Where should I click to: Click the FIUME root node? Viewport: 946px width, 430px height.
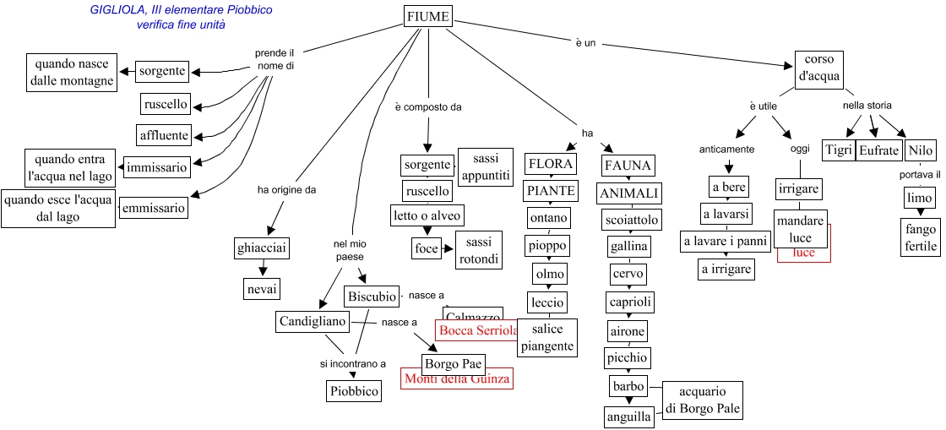click(427, 17)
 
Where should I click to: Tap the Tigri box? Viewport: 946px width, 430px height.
click(838, 150)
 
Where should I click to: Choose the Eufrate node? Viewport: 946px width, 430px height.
click(878, 150)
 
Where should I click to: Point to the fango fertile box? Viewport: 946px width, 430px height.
click(921, 237)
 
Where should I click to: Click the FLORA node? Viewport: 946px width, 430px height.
click(550, 164)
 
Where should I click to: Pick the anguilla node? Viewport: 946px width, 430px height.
click(628, 416)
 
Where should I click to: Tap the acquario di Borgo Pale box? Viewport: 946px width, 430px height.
click(702, 401)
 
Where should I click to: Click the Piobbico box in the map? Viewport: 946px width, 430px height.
click(354, 391)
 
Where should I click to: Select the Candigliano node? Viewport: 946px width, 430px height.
click(313, 322)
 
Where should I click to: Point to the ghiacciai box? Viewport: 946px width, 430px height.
click(262, 248)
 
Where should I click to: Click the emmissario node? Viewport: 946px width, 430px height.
click(153, 208)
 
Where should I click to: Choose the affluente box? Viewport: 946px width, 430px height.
click(165, 135)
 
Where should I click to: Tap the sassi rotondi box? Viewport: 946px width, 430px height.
click(479, 250)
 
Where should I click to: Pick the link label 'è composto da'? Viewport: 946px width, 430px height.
click(428, 107)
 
